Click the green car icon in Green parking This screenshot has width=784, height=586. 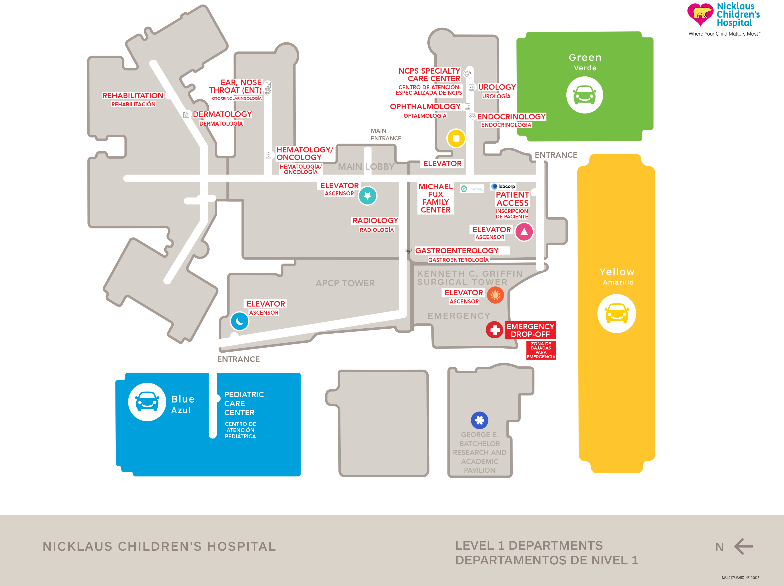click(584, 95)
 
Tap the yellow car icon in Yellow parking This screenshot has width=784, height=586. click(617, 314)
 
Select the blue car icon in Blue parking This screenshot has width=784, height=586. click(147, 402)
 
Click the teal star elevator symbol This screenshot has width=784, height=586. click(368, 196)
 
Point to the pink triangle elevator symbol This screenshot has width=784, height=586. click(524, 232)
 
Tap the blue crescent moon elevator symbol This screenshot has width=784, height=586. click(239, 321)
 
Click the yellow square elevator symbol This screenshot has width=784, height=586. click(456, 138)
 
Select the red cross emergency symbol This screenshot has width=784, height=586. click(494, 330)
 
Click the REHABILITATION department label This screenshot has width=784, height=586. click(133, 96)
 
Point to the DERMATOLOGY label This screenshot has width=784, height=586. click(222, 114)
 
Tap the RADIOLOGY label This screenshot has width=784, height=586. click(375, 220)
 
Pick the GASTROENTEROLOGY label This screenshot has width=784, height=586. click(457, 250)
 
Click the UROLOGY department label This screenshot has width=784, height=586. click(497, 87)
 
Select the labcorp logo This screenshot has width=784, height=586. click(503, 186)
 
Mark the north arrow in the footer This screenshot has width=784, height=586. click(743, 546)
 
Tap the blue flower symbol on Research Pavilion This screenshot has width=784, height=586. click(479, 420)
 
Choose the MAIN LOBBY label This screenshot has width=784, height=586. click(366, 166)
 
